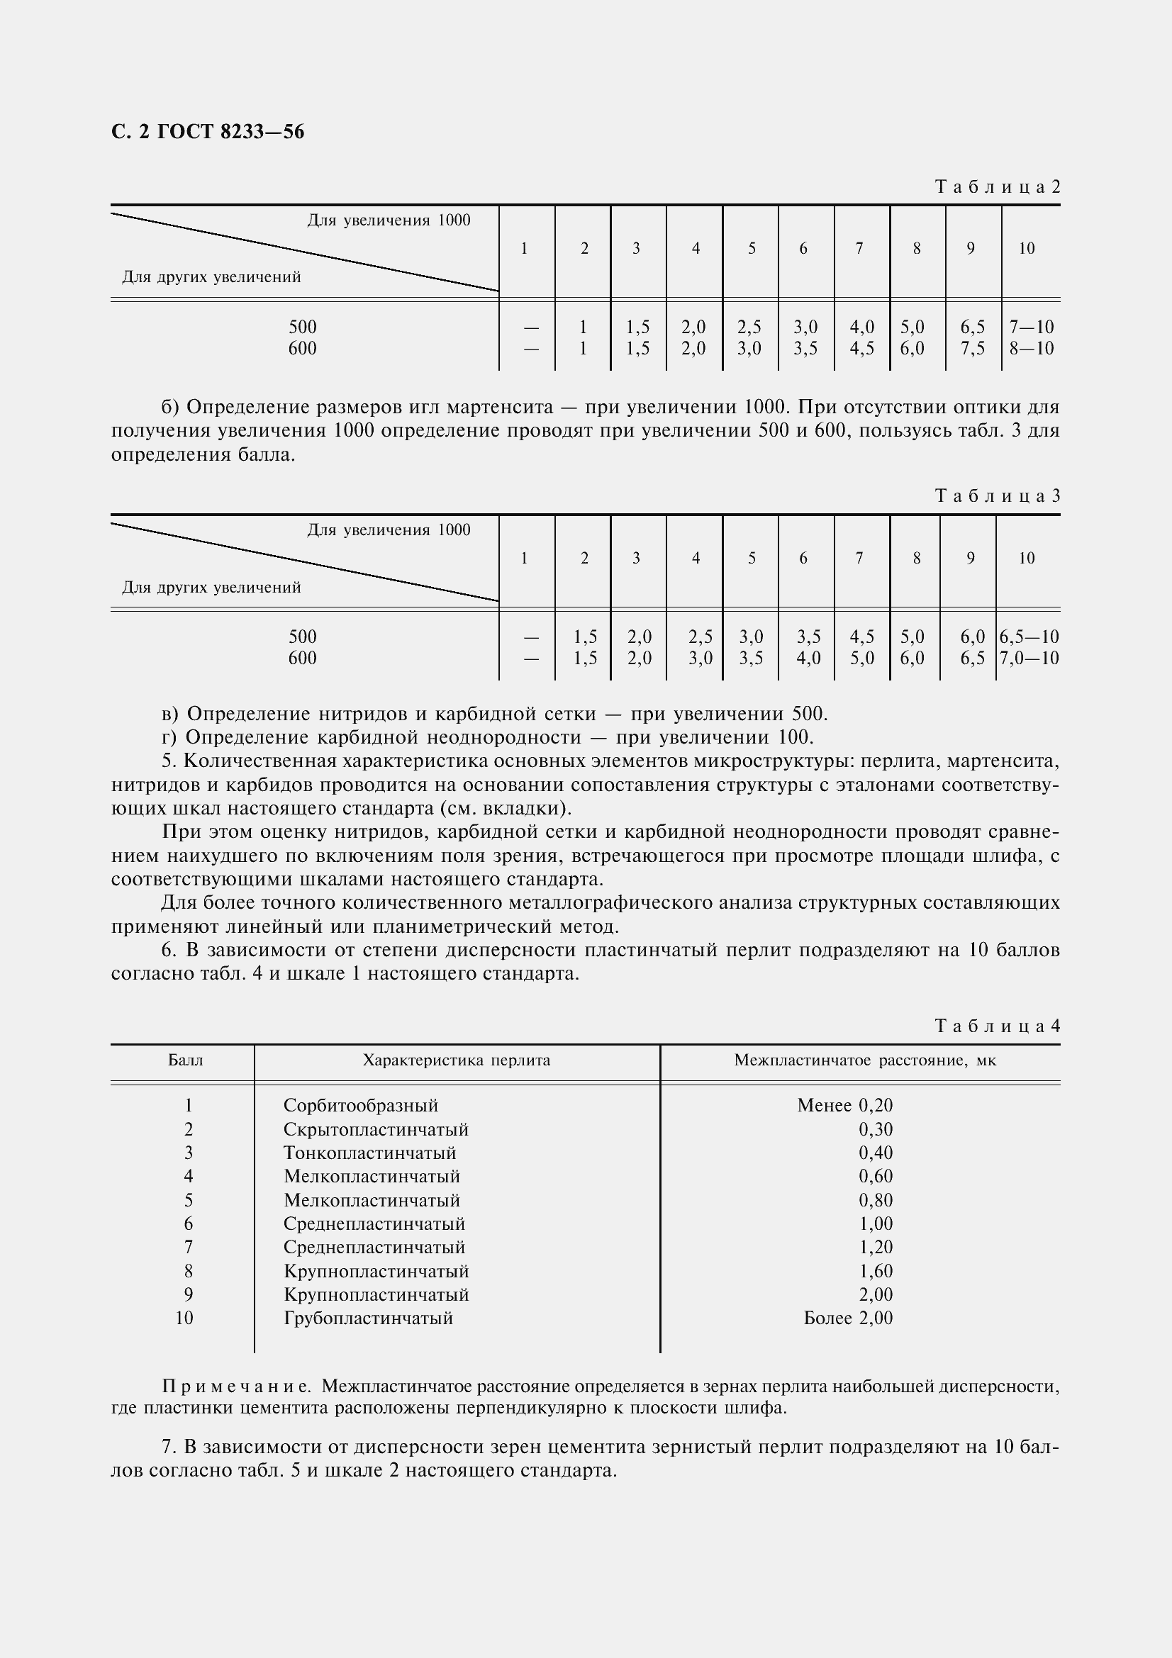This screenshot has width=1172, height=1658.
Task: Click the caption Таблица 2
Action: pyautogui.click(x=998, y=187)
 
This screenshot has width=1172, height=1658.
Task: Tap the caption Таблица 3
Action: pyautogui.click(x=998, y=496)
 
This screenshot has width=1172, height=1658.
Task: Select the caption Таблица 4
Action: pyautogui.click(x=998, y=1026)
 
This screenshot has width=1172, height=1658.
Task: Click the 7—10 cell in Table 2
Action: pyautogui.click(x=1031, y=327)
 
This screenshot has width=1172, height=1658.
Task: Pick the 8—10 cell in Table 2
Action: pyautogui.click(x=1031, y=349)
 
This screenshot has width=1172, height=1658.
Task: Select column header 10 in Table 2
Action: pyautogui.click(x=1026, y=249)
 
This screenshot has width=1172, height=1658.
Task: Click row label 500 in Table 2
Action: pyautogui.click(x=303, y=327)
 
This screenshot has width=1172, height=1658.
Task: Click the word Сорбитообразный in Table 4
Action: pyautogui.click(x=360, y=1106)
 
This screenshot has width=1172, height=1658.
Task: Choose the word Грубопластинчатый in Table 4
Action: pyautogui.click(x=368, y=1318)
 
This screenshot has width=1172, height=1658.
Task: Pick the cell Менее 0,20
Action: pyautogui.click(x=845, y=1106)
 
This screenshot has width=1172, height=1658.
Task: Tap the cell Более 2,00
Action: pyautogui.click(x=848, y=1318)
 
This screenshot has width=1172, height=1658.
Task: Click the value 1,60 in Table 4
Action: pyautogui.click(x=875, y=1271)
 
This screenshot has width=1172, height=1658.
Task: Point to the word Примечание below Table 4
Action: pyautogui.click(x=237, y=1387)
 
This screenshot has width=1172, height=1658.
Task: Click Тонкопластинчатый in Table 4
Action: pyautogui.click(x=369, y=1153)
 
